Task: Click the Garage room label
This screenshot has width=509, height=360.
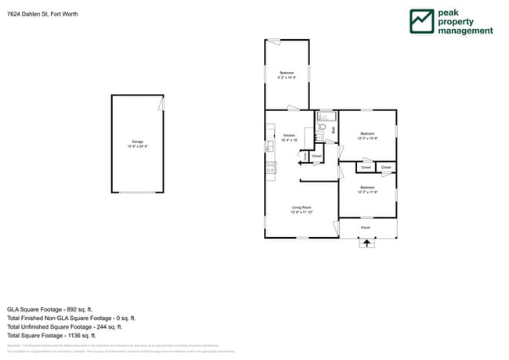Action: pyautogui.click(x=138, y=144)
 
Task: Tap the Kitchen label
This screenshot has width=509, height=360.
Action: pyautogui.click(x=289, y=136)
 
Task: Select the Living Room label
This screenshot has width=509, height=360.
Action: pyautogui.click(x=301, y=209)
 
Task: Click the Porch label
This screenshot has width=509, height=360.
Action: pyautogui.click(x=366, y=228)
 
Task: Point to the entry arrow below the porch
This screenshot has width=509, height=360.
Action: pyautogui.click(x=366, y=243)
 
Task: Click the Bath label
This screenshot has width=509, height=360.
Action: pyautogui.click(x=334, y=129)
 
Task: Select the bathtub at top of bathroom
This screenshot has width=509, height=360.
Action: pyautogui.click(x=326, y=116)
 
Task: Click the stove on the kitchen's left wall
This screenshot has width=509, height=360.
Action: pyautogui.click(x=270, y=166)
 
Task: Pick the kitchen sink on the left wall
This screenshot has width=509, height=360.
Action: pyautogui.click(x=269, y=146)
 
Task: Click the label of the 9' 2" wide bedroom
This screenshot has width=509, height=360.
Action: pyautogui.click(x=287, y=75)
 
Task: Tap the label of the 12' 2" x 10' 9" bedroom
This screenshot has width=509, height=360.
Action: pyautogui.click(x=367, y=135)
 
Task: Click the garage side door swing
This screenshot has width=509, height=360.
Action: pyautogui.click(x=161, y=103)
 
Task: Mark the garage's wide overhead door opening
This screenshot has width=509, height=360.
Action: pyautogui.click(x=137, y=193)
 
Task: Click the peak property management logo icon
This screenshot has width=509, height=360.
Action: pyautogui.click(x=422, y=21)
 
